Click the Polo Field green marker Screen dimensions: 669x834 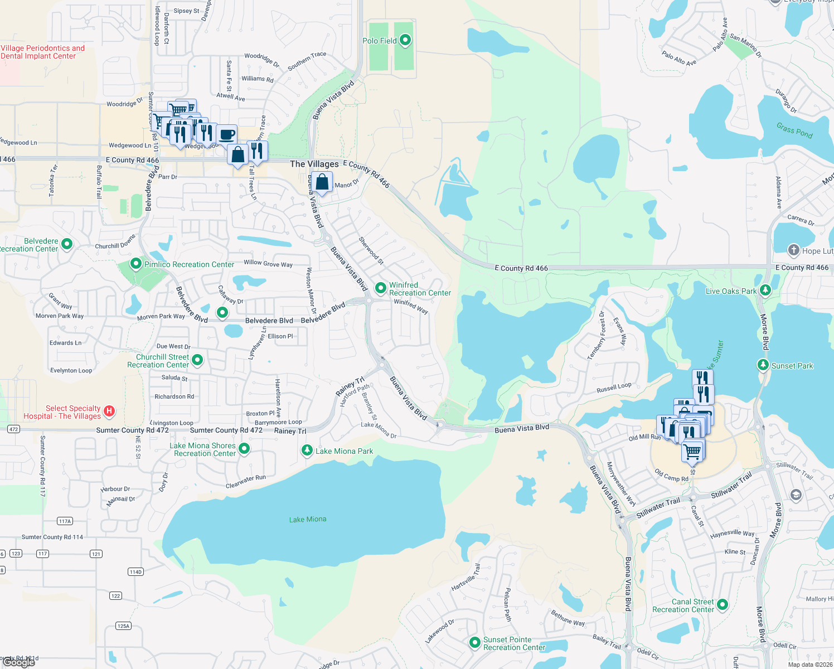point(405,40)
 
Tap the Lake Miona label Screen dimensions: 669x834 point(308,520)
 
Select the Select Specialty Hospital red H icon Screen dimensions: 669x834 point(109,411)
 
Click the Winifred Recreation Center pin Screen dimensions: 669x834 point(381,288)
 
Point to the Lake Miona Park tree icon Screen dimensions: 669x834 point(307,450)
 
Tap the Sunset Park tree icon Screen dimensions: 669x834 point(763,365)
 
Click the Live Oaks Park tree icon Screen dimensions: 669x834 point(765,290)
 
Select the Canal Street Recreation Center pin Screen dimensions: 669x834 point(723,604)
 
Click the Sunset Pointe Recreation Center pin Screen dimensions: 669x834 point(474,643)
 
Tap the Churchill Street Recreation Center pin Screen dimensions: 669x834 point(197,360)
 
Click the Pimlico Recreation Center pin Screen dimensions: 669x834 point(135,263)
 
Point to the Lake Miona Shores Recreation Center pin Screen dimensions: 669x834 point(244,448)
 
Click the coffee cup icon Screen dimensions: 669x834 point(227,135)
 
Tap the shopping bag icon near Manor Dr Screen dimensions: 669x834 point(322,182)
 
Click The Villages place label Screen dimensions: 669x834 point(314,164)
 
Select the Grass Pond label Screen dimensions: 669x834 point(794,130)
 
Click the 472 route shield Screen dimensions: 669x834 point(14,429)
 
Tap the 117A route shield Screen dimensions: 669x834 point(65,521)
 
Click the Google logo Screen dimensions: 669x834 point(19,662)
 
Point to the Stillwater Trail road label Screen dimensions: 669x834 point(658,508)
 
